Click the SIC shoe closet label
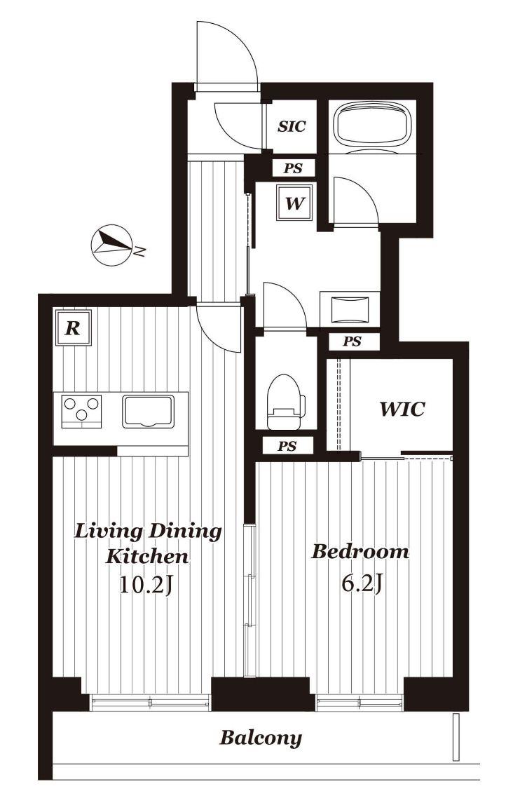pyautogui.click(x=292, y=126)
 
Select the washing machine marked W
pyautogui.click(x=294, y=203)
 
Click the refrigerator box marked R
pyautogui.click(x=74, y=327)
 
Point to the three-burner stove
pyautogui.click(x=81, y=411)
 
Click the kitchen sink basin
pyautogui.click(x=149, y=411)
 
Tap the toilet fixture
pyautogui.click(x=285, y=402)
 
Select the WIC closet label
pyautogui.click(x=402, y=409)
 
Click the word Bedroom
pyautogui.click(x=360, y=551)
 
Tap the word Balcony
pyautogui.click(x=261, y=737)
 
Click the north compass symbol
pyautogui.click(x=111, y=246)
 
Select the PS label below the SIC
pyautogui.click(x=293, y=168)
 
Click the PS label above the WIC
pyautogui.click(x=353, y=341)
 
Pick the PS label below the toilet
pyautogui.click(x=287, y=446)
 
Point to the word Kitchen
pyautogui.click(x=147, y=557)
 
